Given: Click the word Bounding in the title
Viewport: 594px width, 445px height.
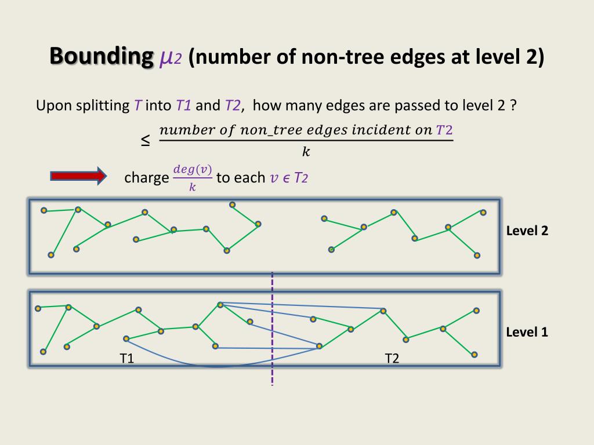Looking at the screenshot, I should tap(99, 57).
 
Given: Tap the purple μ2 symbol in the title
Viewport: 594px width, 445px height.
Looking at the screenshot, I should tap(171, 58).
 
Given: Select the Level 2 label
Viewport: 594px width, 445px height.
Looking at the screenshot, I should tap(527, 231).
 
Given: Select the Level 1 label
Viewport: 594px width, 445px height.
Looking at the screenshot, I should tap(527, 332).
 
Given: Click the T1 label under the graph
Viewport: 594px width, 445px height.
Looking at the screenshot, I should tap(127, 358).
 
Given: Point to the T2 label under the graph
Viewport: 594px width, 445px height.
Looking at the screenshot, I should tap(392, 358).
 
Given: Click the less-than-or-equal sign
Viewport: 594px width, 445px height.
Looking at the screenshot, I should tap(145, 140).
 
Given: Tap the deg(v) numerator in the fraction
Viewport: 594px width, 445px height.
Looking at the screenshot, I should tap(193, 169).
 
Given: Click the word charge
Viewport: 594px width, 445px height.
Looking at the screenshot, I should tap(146, 177).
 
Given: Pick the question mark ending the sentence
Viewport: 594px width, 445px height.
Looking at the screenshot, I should tap(513, 106).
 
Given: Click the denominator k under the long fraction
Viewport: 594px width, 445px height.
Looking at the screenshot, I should tap(306, 152).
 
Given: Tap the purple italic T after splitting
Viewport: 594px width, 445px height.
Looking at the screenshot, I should tap(137, 106).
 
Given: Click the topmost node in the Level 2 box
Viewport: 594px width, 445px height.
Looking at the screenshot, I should tap(232, 205).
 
